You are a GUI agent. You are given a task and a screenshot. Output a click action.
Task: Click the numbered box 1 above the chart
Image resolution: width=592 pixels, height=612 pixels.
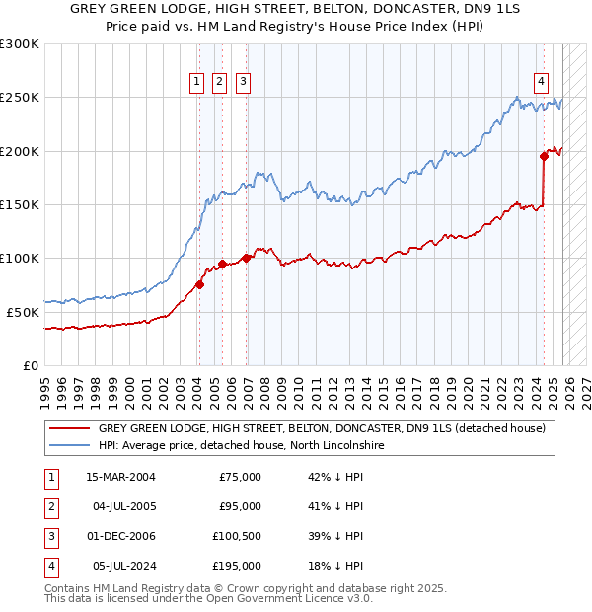(197, 82)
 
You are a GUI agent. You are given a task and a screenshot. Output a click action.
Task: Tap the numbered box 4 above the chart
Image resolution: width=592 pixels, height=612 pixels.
(542, 82)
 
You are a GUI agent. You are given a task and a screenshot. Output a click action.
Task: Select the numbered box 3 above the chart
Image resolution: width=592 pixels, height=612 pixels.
(243, 82)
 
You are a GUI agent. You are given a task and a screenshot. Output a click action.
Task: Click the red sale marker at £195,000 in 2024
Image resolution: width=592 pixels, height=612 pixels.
(544, 156)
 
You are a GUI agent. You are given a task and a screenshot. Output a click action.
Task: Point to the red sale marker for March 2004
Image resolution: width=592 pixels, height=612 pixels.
(199, 284)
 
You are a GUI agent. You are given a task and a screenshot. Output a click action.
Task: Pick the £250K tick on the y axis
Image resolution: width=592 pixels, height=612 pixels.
(20, 98)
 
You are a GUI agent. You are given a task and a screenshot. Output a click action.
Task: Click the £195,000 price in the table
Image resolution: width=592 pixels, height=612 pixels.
(238, 566)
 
